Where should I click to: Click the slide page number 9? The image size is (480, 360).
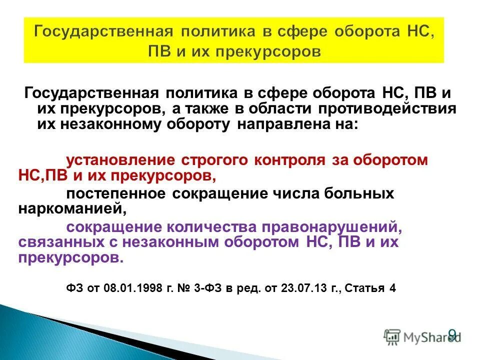click(452, 333)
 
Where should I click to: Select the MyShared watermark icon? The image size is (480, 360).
click(392, 336)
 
